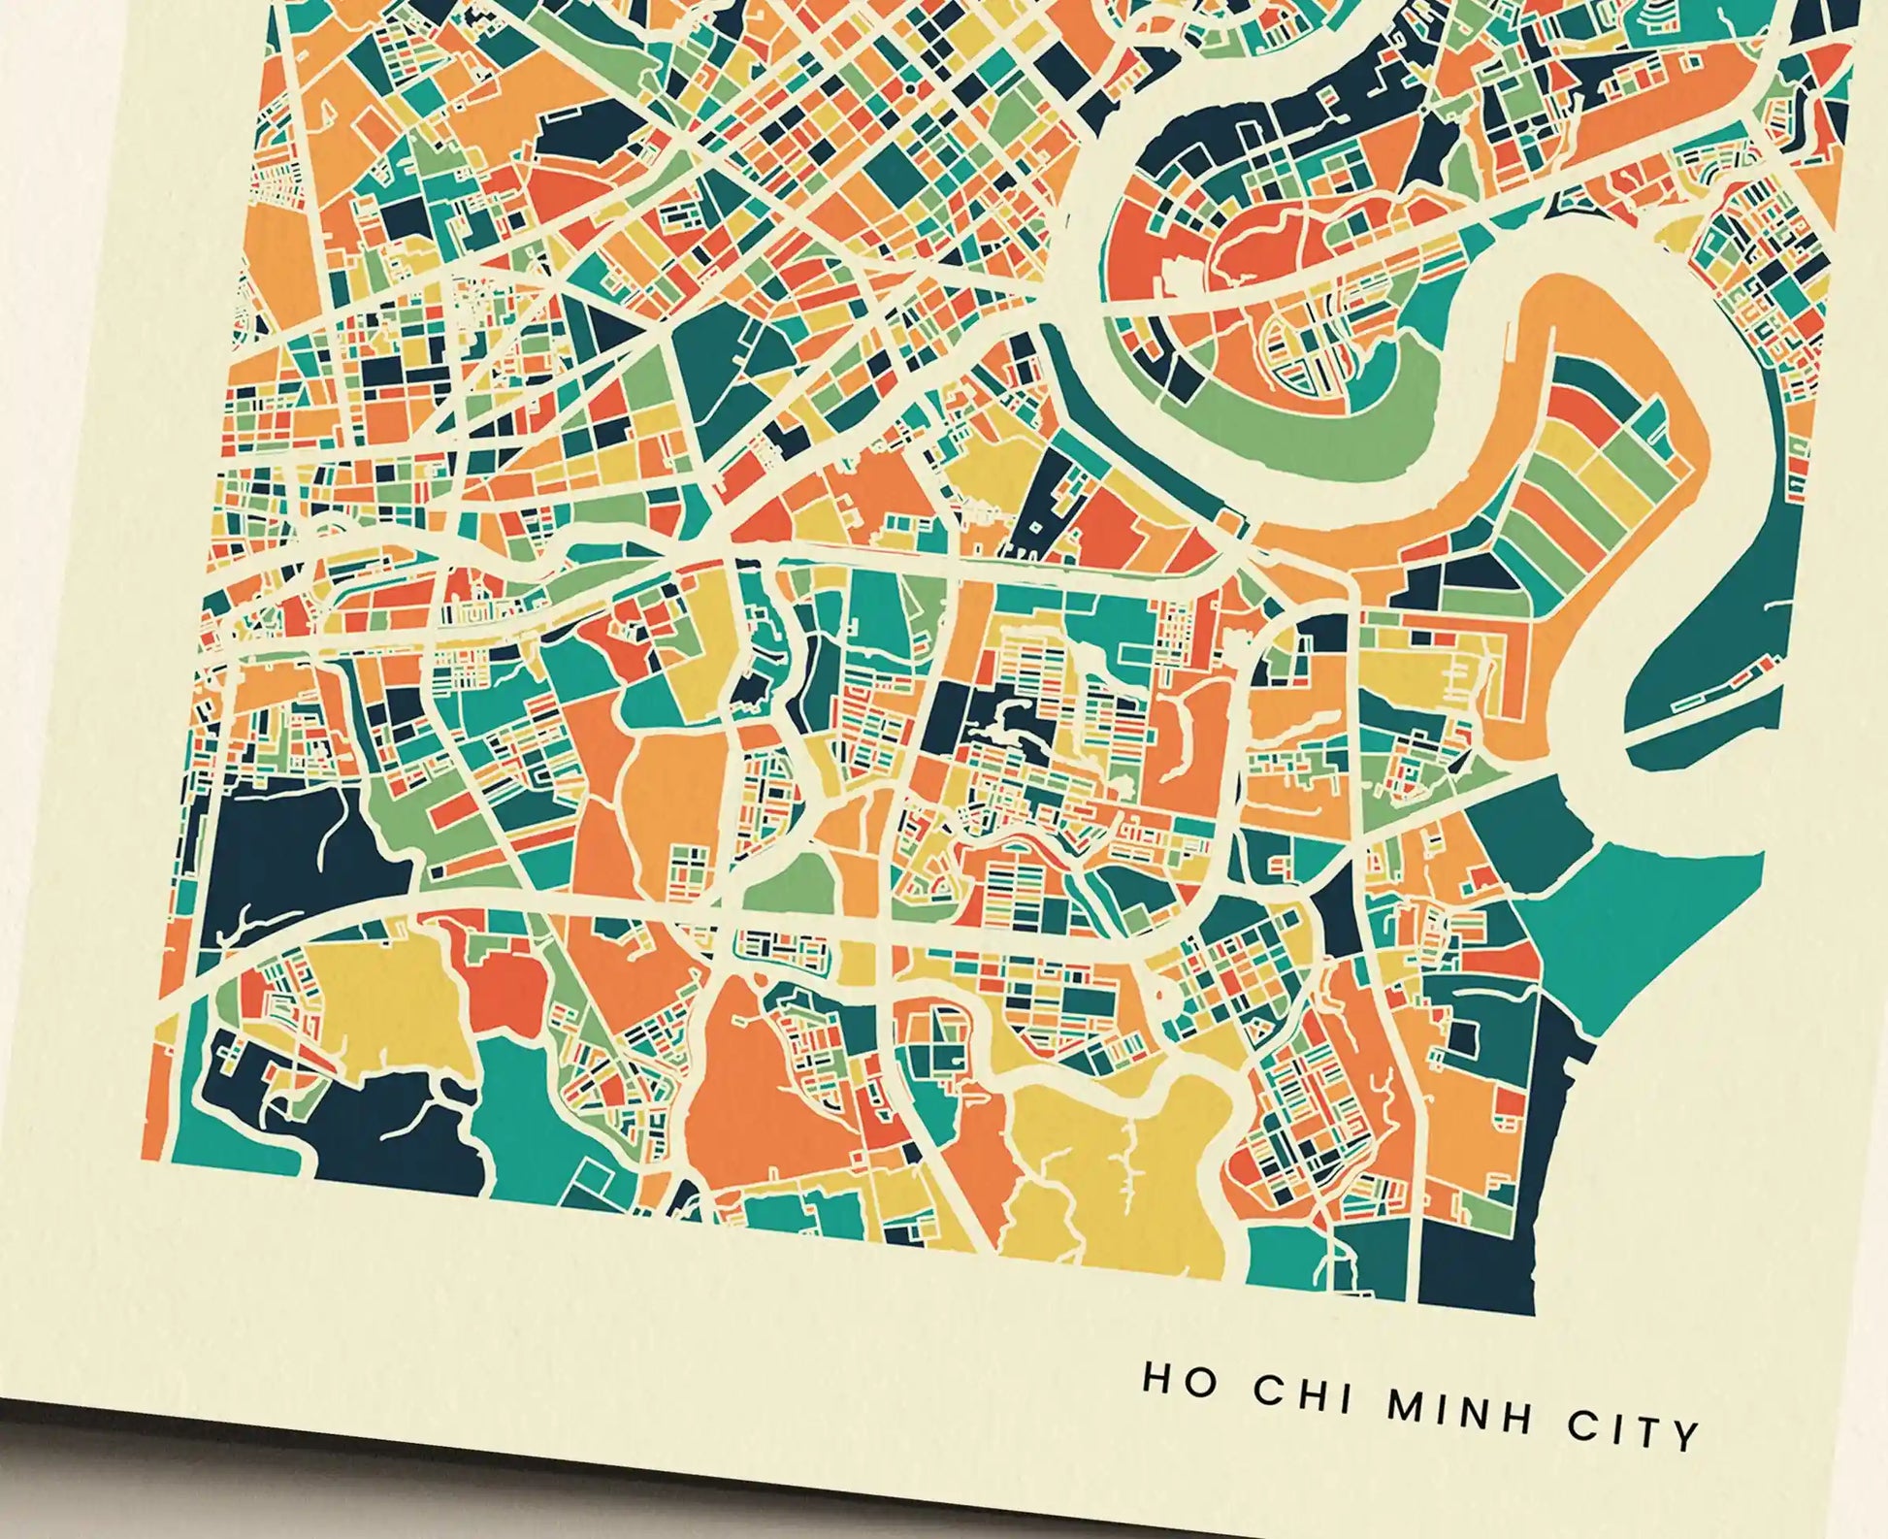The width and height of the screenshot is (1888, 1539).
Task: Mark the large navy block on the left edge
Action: point(281,844)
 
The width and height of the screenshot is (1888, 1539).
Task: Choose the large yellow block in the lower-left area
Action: point(388,1009)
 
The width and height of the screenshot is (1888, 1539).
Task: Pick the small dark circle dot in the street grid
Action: point(910,89)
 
